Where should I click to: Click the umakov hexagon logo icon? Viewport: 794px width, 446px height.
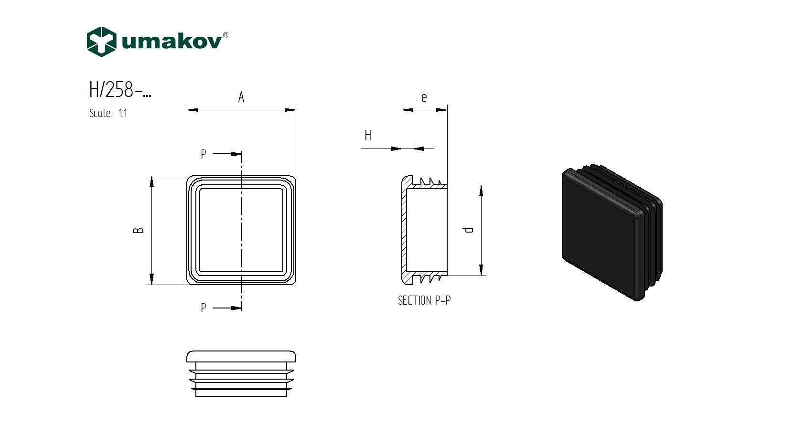[x=101, y=42]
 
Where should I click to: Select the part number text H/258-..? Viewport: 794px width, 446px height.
[x=120, y=90]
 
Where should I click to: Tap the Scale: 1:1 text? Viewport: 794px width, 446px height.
[x=108, y=114]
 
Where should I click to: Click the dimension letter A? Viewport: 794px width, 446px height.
[x=241, y=97]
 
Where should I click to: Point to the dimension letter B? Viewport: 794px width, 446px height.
[x=138, y=230]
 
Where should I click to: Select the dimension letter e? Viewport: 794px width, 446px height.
[x=424, y=98]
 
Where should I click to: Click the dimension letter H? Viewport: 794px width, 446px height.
[x=368, y=136]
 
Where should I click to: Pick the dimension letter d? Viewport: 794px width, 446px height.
[x=469, y=230]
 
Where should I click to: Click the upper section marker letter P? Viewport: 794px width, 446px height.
[x=204, y=154]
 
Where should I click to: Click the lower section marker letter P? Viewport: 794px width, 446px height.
[x=204, y=308]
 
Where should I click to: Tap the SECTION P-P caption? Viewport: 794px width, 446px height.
[x=424, y=300]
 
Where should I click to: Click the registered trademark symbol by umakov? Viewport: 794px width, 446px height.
[x=225, y=35]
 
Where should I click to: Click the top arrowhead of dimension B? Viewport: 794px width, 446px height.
[x=151, y=181]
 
